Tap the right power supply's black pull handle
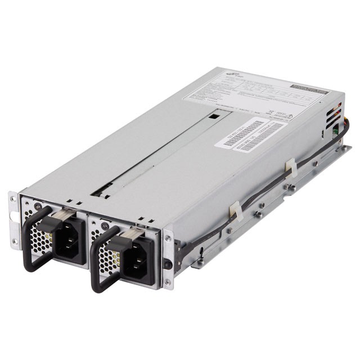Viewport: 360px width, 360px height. point(96,264)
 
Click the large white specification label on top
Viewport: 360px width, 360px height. point(253,92)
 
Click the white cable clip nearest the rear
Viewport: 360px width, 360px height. point(291,168)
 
